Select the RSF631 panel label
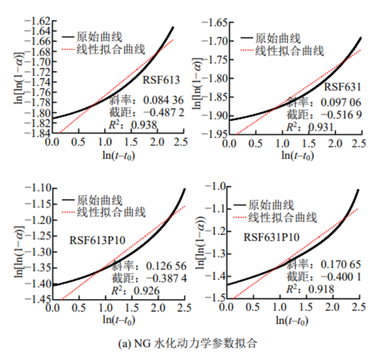coord(343,87)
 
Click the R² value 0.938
coord(144,124)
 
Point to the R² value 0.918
coord(320,289)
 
